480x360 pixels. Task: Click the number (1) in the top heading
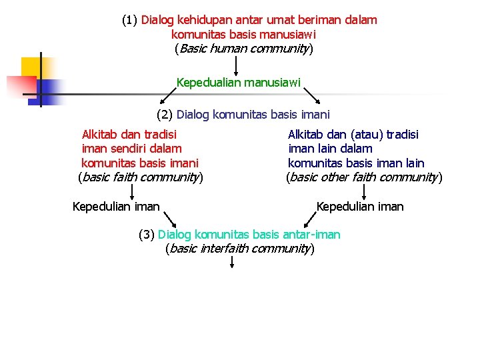[x=130, y=20]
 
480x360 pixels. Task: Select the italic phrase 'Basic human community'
[x=243, y=49]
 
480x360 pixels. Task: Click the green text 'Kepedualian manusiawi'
[x=238, y=83]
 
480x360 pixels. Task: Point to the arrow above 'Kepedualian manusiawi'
[x=236, y=66]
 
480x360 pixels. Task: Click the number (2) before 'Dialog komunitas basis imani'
[x=165, y=115]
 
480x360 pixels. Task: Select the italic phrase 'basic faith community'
[x=141, y=177]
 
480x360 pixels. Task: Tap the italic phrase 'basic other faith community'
[x=364, y=177]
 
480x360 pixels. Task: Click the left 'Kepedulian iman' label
[x=116, y=207]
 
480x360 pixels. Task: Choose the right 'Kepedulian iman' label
[x=360, y=207]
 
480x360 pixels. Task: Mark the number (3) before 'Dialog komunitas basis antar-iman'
[x=147, y=235]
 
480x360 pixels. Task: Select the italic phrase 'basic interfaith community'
[x=239, y=249]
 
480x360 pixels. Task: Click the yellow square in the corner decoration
[x=31, y=67]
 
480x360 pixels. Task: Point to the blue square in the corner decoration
[x=51, y=89]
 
